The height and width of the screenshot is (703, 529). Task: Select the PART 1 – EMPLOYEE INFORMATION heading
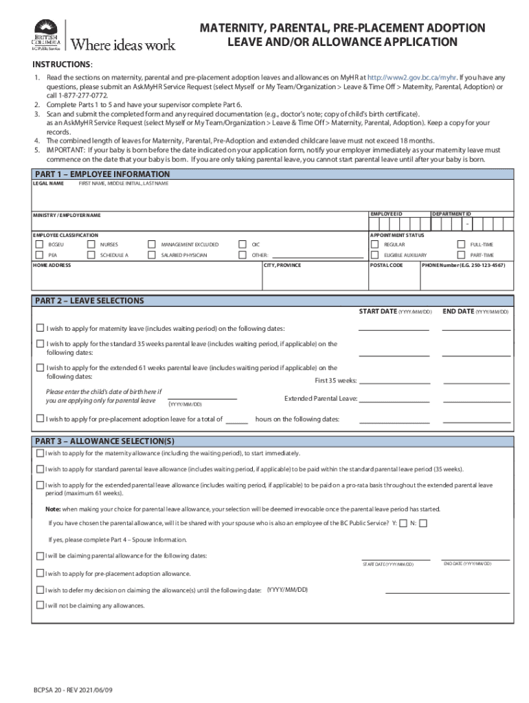pyautogui.click(x=102, y=174)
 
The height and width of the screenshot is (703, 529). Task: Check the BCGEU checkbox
pyautogui.click(x=39, y=244)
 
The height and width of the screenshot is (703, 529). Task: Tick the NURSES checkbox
pyautogui.click(x=91, y=244)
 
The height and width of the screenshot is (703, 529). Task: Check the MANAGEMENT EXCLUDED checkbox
pyautogui.click(x=152, y=244)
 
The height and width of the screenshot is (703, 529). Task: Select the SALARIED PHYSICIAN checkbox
pyautogui.click(x=152, y=255)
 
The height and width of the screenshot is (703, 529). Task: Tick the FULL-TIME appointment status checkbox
pyautogui.click(x=461, y=244)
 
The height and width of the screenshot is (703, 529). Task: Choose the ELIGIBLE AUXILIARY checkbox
pyautogui.click(x=374, y=255)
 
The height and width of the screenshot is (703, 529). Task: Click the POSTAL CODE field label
pyautogui.click(x=387, y=265)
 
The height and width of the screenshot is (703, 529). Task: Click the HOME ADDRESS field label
pyautogui.click(x=52, y=265)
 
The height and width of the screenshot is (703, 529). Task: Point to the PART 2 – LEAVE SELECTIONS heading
pyautogui.click(x=89, y=301)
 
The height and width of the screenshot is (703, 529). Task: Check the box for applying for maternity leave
pyautogui.click(x=40, y=328)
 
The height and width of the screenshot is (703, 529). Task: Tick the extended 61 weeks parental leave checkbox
pyautogui.click(x=40, y=368)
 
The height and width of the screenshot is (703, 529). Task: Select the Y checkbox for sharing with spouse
pyautogui.click(x=403, y=523)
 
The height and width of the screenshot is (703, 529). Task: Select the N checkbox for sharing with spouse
pyautogui.click(x=423, y=523)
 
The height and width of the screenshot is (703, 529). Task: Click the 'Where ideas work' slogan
pyautogui.click(x=124, y=45)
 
